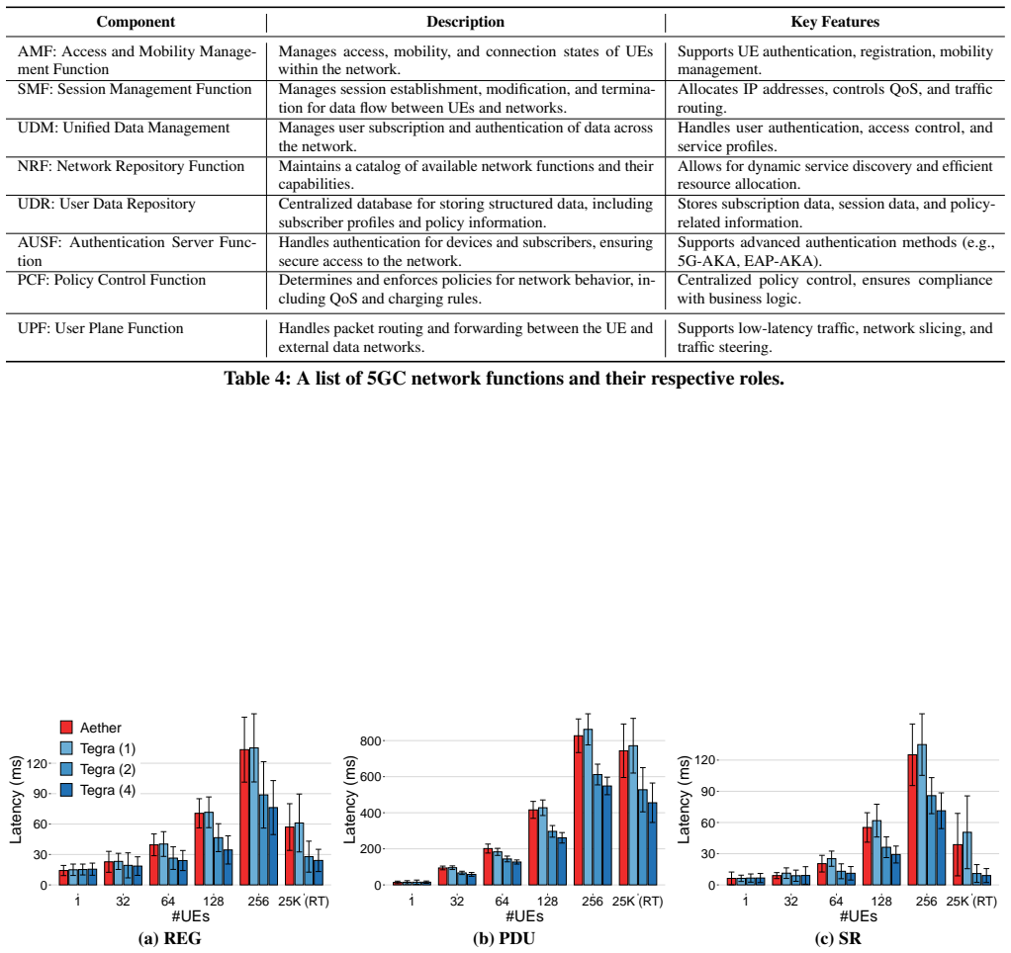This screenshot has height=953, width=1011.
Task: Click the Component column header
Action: pyautogui.click(x=136, y=22)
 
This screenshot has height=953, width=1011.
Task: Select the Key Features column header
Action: pyautogui.click(x=835, y=22)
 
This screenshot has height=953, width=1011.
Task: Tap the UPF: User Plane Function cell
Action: pyautogui.click(x=101, y=328)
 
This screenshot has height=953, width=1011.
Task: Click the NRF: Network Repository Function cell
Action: pyautogui.click(x=131, y=166)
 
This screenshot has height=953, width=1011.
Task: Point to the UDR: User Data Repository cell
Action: pyautogui.click(x=107, y=205)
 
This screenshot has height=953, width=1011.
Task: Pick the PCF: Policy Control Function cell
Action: pyautogui.click(x=112, y=281)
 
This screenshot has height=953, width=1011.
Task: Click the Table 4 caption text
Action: pyautogui.click(x=505, y=379)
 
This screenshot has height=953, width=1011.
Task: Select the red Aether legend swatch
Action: pyautogui.click(x=66, y=728)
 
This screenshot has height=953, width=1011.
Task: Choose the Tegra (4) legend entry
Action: pyautogui.click(x=98, y=790)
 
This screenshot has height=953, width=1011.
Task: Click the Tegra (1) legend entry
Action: pyautogui.click(x=98, y=748)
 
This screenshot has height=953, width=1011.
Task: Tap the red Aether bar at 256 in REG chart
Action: pyautogui.click(x=244, y=817)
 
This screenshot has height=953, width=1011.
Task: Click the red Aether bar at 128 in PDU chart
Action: pyautogui.click(x=533, y=847)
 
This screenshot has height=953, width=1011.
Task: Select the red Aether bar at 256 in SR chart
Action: pyautogui.click(x=912, y=820)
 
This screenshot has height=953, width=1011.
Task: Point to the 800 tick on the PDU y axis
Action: pyautogui.click(x=371, y=741)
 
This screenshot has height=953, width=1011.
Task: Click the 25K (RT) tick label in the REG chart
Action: pyautogui.click(x=304, y=902)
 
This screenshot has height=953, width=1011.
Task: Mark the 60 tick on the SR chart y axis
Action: pyautogui.click(x=707, y=823)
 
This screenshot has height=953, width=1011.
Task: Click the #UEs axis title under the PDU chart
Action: pyautogui.click(x=524, y=916)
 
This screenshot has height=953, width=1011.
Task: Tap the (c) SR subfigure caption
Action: pyautogui.click(x=838, y=939)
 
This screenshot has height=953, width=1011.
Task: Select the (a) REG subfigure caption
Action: pyautogui.click(x=170, y=939)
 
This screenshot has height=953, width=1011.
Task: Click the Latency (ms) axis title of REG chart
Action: pyautogui.click(x=16, y=800)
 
